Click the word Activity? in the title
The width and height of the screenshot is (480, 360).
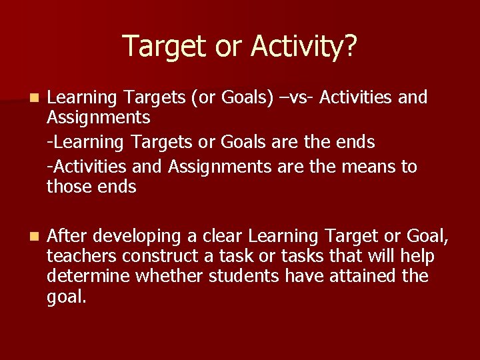[x=304, y=47]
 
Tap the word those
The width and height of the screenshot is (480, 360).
[x=69, y=187]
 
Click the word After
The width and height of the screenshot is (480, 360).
[x=67, y=235]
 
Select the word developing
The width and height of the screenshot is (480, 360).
[x=137, y=237]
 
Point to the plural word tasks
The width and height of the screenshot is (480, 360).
[x=299, y=256]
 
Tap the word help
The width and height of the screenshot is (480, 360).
[x=415, y=256]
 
